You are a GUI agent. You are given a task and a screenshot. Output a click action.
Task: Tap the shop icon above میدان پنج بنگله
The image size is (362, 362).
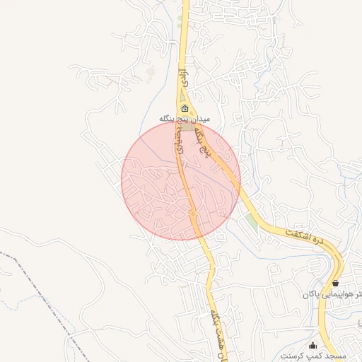[x=185, y=108]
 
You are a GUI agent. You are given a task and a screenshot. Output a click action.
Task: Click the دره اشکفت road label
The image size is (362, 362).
[x=308, y=239]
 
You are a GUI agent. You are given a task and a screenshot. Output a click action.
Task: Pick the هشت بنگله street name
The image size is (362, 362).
[x=216, y=332]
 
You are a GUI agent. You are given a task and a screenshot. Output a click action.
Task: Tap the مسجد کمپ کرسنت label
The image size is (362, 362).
[x=312, y=353]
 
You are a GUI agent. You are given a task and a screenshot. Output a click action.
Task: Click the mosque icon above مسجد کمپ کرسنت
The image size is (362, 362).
[x=313, y=344]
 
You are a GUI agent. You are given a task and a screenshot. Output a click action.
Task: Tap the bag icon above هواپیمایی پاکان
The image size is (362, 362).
[x=335, y=283]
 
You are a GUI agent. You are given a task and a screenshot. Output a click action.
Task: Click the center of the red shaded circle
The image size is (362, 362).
[x=181, y=181]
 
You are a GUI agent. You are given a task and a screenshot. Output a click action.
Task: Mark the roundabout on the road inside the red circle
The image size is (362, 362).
[x=192, y=213]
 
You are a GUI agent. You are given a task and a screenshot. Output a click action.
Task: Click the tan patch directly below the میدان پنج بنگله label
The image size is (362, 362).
[x=185, y=128]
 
